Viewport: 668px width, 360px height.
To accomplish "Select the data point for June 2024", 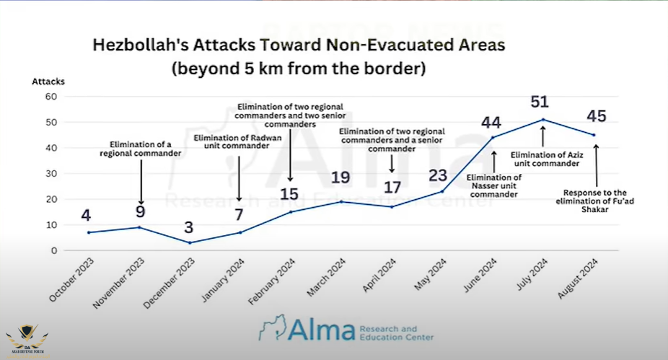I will click(x=493, y=137).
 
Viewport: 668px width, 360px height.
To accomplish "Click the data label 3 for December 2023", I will click(x=190, y=227).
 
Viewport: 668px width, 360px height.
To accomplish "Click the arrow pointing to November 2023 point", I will click(x=141, y=182).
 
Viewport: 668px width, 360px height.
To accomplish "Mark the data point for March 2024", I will click(x=341, y=201).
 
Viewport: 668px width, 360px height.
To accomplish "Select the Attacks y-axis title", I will click(x=47, y=81).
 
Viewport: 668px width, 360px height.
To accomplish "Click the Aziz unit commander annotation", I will click(x=545, y=159).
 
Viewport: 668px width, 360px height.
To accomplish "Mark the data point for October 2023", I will click(x=87, y=232).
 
